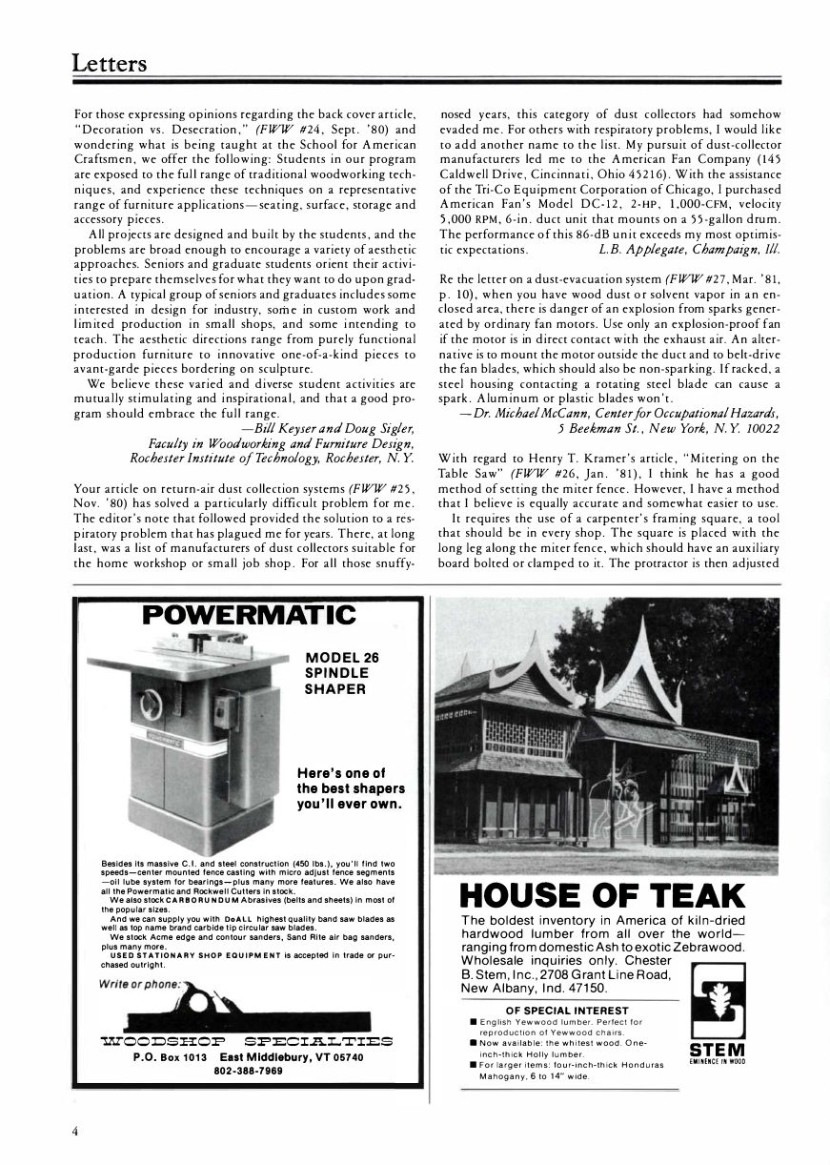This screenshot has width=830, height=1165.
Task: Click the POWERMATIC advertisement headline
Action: click(249, 616)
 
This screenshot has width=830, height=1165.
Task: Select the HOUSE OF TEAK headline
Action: click(601, 896)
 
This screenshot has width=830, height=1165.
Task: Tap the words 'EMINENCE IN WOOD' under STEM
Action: click(716, 1060)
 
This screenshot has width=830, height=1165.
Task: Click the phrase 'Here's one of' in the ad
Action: click(339, 773)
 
